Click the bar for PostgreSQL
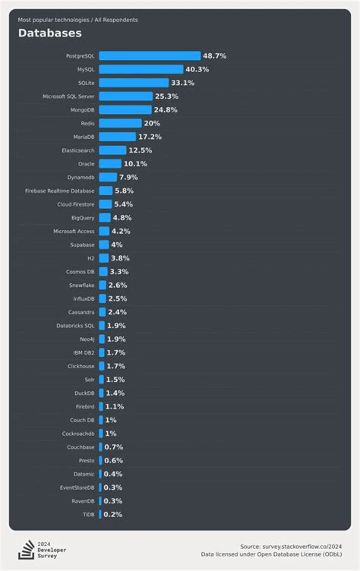tap(150, 55)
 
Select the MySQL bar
tap(141, 69)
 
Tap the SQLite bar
tap(134, 83)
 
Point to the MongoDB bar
tap(125, 109)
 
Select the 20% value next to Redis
tap(152, 123)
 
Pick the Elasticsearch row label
tap(78, 150)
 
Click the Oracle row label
tap(87, 164)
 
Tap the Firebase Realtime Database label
tap(60, 191)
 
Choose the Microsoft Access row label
tap(74, 231)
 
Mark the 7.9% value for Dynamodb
tap(128, 177)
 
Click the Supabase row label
tap(81, 244)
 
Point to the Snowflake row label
tap(81, 285)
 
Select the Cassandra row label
tap(81, 312)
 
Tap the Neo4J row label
tap(87, 339)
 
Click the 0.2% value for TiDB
tap(112, 514)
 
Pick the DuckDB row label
tap(84, 393)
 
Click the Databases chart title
tap(49, 33)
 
